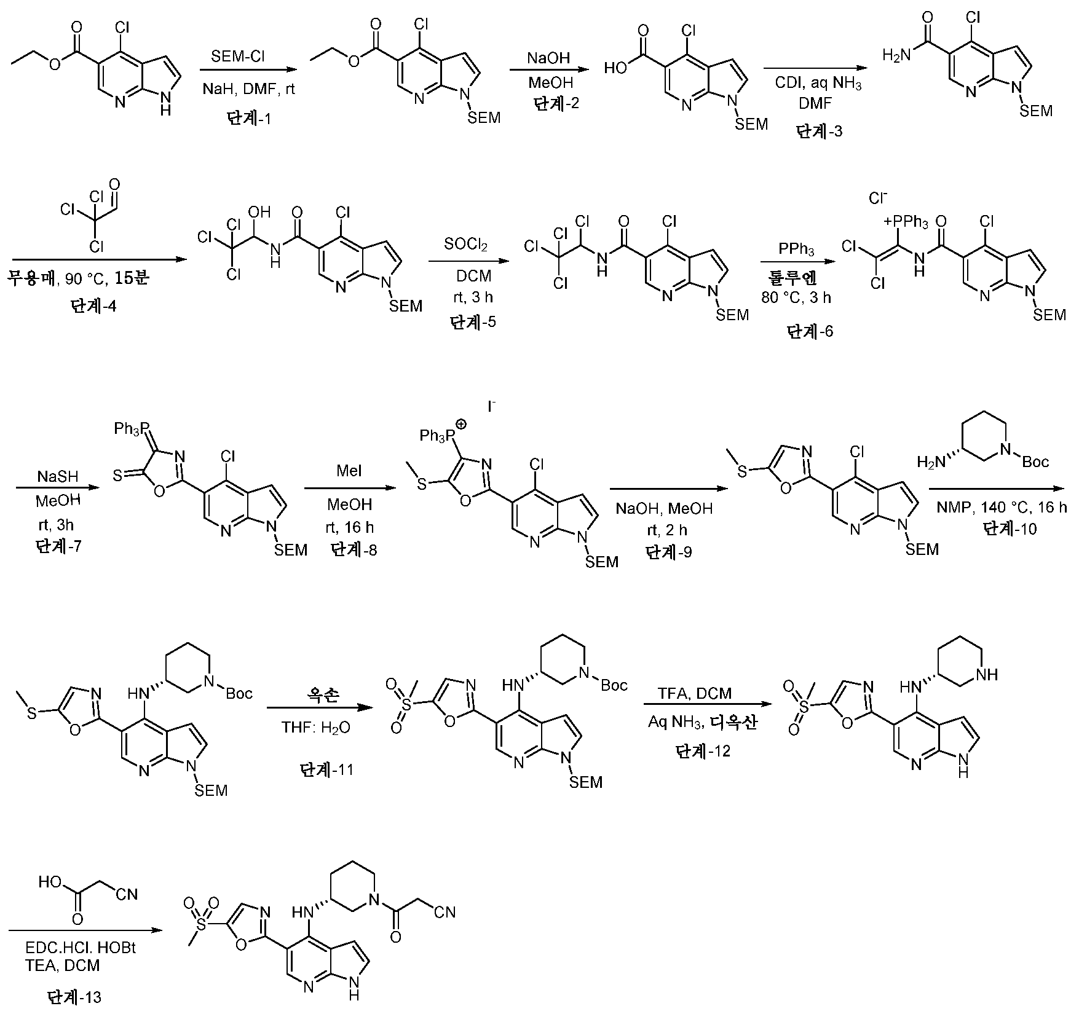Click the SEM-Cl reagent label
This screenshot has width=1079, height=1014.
tap(239, 57)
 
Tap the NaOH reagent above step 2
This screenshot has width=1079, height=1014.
tap(549, 58)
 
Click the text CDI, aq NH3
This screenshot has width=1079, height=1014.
tap(818, 84)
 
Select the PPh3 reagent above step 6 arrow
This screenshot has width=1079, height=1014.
tap(796, 251)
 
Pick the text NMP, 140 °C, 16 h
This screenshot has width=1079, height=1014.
tap(1002, 508)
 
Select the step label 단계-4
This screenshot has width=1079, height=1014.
tap(93, 306)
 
